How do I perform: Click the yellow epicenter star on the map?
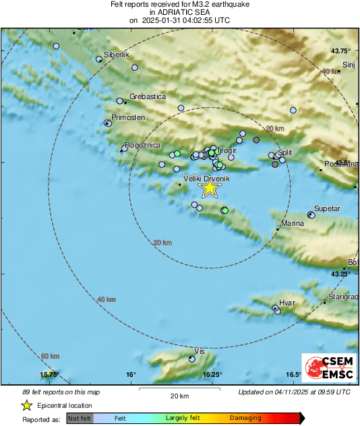point(210,187)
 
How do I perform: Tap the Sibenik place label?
point(116,55)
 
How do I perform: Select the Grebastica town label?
point(147,97)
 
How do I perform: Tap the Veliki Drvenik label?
point(207,179)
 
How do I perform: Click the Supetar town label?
point(328,209)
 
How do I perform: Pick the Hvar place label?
point(287,303)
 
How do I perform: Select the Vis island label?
point(199,352)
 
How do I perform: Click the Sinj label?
point(349,65)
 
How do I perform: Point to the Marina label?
point(292,224)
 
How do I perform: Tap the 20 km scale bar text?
point(179,396)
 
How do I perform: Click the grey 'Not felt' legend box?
point(80,419)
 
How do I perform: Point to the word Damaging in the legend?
point(245,419)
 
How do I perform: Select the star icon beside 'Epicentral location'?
point(27,405)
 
